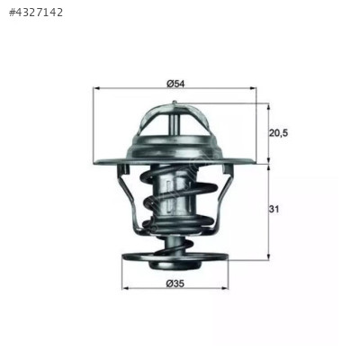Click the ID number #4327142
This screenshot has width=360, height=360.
tap(36, 13)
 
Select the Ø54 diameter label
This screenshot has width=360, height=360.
tap(175, 83)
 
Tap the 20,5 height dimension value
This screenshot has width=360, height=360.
tap(279, 133)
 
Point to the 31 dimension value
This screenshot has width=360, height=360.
tap(274, 210)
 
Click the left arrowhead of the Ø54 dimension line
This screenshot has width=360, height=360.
tap(97, 89)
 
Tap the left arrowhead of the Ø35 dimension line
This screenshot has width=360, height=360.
tap(125, 289)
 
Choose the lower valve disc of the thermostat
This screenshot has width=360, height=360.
tap(175, 257)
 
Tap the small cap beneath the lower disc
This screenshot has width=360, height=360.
tap(175, 267)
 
